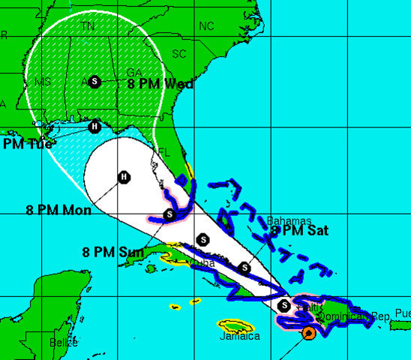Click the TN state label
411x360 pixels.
point(88,25)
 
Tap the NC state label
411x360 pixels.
point(206,26)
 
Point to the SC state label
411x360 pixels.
point(178,54)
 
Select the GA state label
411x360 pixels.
point(134,73)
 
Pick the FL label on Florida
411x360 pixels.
point(165,152)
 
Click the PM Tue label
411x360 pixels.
point(28,143)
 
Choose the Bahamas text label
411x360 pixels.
point(289,221)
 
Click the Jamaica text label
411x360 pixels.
point(240,337)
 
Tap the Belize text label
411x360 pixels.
point(62,343)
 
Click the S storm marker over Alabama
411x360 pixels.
point(94,81)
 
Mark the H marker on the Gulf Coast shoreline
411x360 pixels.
point(94,127)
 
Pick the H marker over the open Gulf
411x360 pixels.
point(124,177)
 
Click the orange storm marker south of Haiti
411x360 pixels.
point(308,333)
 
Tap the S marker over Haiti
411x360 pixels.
point(284,305)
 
